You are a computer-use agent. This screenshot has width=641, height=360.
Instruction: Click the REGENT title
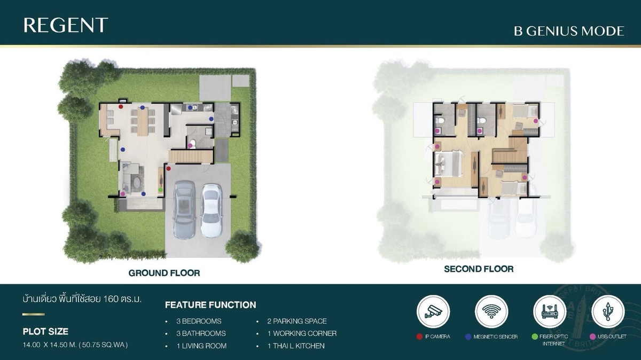(66, 25)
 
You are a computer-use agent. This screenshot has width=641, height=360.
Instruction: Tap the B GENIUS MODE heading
(569, 31)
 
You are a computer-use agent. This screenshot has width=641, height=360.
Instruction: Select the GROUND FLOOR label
(165, 273)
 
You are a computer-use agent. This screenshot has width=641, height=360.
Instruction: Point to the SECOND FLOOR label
(479, 269)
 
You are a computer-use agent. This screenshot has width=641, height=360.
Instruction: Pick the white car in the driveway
(211, 211)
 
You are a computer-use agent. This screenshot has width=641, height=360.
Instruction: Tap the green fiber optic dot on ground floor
(161, 190)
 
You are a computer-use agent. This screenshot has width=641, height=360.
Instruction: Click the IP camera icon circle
(433, 311)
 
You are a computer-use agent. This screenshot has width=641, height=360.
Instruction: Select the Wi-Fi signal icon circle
(491, 311)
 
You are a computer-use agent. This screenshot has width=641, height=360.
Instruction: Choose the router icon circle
(550, 311)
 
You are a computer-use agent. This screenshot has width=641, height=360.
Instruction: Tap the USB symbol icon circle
(608, 311)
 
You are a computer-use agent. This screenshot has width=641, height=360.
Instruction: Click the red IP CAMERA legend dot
(419, 337)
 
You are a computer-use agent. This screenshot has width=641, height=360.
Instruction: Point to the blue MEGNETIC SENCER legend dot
(468, 337)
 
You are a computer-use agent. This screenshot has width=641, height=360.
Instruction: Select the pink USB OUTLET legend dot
(592, 337)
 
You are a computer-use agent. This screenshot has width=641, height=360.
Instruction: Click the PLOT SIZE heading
(45, 332)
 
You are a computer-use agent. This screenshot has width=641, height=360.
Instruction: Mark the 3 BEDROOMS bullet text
(199, 321)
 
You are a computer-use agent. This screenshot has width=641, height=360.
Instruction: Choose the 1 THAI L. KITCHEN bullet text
(296, 346)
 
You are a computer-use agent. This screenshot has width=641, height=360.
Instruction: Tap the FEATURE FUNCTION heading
(210, 305)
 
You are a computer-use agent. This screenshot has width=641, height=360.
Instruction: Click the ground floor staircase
(191, 156)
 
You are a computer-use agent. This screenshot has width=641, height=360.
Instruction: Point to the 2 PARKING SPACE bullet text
(297, 321)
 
